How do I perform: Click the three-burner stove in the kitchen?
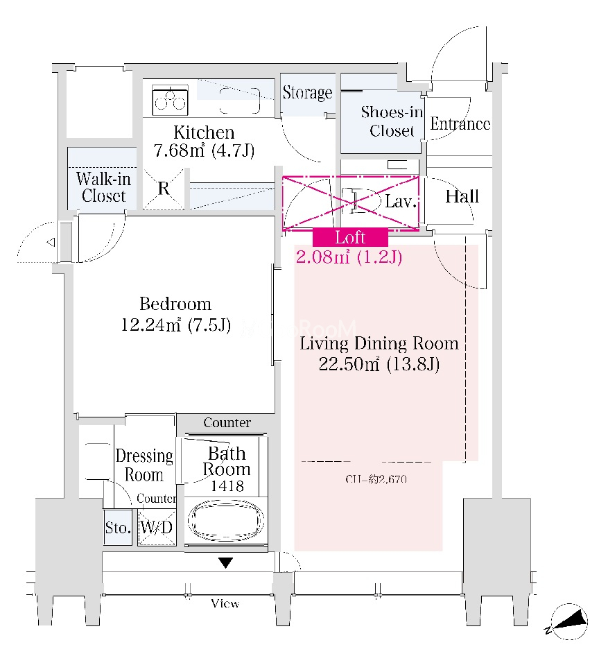point(170,101)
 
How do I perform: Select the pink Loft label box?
point(349,237)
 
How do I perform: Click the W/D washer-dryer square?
point(156,528)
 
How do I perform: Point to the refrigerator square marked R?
point(164,188)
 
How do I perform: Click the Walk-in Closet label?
point(103,187)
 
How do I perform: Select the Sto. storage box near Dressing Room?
point(118,528)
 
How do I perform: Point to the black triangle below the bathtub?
point(225,562)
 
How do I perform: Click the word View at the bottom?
point(225,604)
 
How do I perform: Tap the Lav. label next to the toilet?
point(400,202)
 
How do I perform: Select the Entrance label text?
point(460,124)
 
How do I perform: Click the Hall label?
point(462,196)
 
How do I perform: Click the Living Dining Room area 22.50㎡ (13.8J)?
point(379,365)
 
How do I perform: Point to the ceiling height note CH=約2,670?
point(374,478)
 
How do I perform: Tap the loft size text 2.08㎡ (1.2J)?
point(349,258)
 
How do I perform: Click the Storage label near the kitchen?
point(307,93)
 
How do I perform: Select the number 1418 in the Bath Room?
point(227,486)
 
